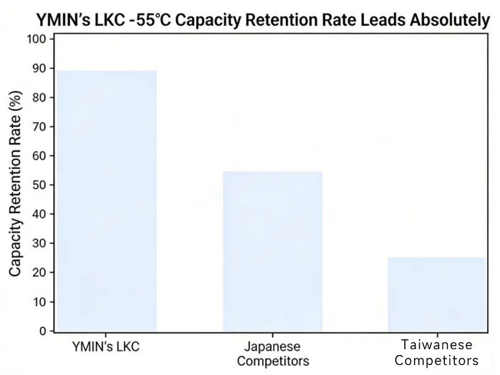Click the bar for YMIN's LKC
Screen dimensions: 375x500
[x=107, y=200]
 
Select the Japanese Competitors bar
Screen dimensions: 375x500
[x=272, y=251]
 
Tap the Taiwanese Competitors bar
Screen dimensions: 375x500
[x=437, y=294]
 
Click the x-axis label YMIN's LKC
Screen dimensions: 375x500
[x=106, y=346]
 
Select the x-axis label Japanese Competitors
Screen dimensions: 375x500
[x=273, y=353]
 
